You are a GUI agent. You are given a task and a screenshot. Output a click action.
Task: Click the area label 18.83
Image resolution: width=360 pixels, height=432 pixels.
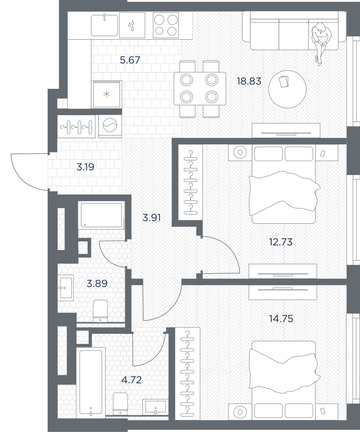[x=249, y=81]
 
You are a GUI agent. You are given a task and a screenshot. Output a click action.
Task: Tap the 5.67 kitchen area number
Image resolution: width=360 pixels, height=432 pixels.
[x=130, y=60]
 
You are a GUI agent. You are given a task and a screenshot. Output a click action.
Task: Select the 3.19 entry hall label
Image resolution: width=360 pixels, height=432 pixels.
[x=85, y=167]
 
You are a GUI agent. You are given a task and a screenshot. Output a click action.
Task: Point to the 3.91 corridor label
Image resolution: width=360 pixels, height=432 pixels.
[x=152, y=218]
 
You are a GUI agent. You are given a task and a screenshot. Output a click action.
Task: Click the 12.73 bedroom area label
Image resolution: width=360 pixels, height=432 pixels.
[x=280, y=242]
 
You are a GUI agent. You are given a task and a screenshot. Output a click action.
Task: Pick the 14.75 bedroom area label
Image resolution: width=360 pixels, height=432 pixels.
[x=281, y=318]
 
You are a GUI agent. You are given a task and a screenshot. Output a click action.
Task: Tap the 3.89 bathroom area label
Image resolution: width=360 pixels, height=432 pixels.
[x=97, y=283]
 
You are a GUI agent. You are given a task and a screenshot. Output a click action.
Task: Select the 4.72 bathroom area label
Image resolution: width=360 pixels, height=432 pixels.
[x=131, y=380]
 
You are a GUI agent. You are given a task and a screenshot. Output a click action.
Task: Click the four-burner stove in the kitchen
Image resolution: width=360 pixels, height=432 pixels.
[x=166, y=25]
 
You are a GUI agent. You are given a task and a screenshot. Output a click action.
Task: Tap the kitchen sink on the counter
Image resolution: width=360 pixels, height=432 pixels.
[x=105, y=25]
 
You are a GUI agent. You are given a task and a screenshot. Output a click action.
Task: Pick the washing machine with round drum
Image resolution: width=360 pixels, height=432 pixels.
[x=110, y=126]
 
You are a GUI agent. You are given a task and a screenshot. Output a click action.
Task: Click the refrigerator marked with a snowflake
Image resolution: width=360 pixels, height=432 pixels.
[x=106, y=94]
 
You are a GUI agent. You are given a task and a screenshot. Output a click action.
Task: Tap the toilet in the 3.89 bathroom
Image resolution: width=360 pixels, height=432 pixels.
[x=100, y=311]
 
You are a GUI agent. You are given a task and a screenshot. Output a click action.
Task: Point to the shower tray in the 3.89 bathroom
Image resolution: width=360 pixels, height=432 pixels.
[x=101, y=215]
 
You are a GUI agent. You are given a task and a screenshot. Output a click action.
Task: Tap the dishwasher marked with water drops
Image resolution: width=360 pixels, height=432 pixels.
[x=132, y=26]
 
